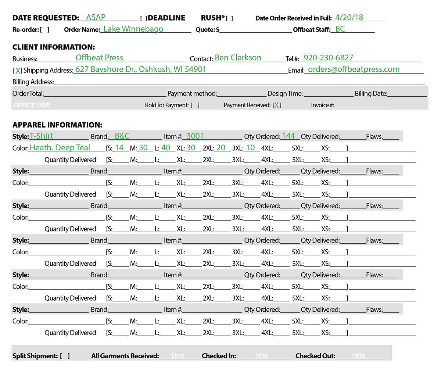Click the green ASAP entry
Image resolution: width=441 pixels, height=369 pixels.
click(96, 18)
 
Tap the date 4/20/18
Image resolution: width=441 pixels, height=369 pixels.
click(349, 17)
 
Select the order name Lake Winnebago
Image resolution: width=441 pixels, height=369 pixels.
click(133, 29)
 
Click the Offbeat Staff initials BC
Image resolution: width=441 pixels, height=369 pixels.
click(340, 29)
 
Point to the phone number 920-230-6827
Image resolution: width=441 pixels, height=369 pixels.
click(329, 58)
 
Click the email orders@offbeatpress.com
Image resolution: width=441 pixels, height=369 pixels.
click(354, 69)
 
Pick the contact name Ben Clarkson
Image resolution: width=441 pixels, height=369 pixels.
click(238, 58)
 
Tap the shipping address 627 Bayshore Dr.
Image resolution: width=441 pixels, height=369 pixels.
click(141, 69)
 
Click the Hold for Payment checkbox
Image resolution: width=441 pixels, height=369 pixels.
click(195, 105)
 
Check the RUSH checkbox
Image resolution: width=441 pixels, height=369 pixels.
click(230, 18)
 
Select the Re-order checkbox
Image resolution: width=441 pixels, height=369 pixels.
click(44, 30)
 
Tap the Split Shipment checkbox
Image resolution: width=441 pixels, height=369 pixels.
click(65, 356)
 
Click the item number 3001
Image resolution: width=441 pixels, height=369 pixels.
click(195, 136)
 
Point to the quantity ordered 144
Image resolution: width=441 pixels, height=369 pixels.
click(288, 136)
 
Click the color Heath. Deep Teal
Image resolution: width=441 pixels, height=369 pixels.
click(60, 148)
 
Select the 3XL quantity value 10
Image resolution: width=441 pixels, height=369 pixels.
click(250, 148)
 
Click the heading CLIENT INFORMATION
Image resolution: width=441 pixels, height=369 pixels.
click(54, 47)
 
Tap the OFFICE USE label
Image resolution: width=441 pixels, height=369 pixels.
click(31, 105)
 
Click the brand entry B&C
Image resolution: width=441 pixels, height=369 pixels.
click(122, 136)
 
